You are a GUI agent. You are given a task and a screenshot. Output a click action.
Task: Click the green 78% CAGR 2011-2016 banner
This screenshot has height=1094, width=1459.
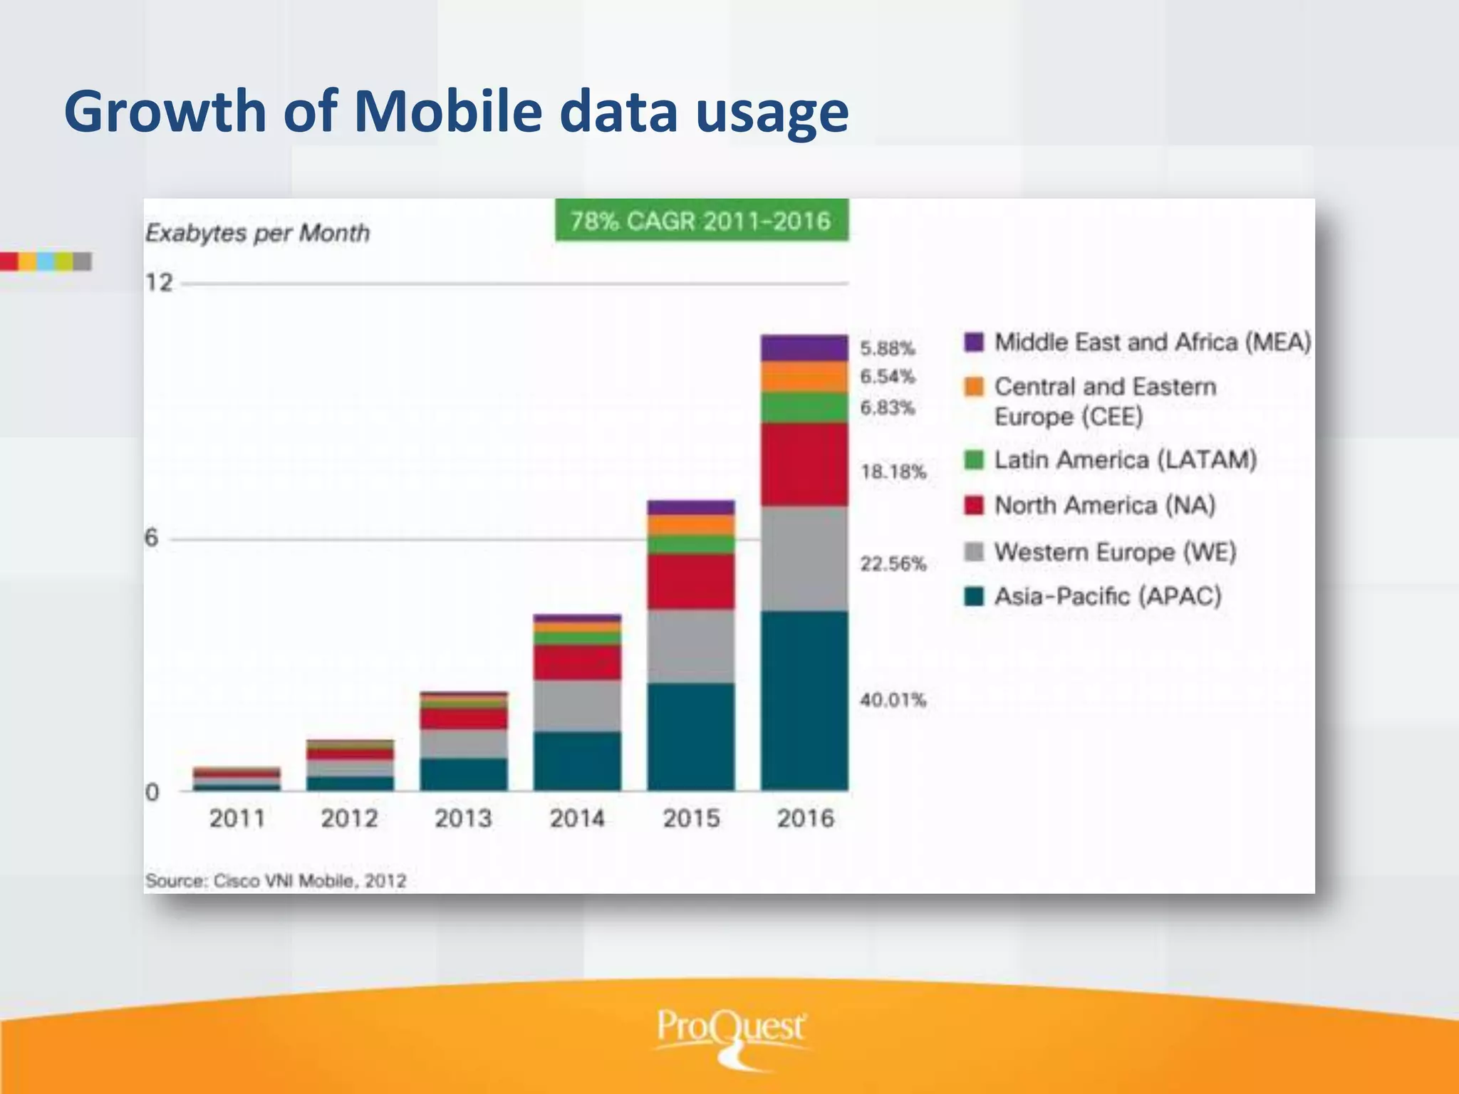pyautogui.click(x=702, y=221)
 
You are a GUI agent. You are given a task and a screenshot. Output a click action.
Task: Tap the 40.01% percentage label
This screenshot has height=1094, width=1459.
pyautogui.click(x=893, y=699)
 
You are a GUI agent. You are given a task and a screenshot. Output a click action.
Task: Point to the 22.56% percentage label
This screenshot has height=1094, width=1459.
pyautogui.click(x=893, y=564)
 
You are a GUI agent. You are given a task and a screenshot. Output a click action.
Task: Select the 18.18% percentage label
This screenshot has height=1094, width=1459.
pyautogui.click(x=893, y=472)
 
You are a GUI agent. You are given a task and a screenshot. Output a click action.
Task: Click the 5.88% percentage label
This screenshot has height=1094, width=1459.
pyautogui.click(x=887, y=348)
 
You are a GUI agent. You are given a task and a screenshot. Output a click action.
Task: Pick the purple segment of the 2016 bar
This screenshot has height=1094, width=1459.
pyautogui.click(x=804, y=348)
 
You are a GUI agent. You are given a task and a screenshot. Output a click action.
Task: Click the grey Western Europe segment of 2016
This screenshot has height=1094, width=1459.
pyautogui.click(x=804, y=558)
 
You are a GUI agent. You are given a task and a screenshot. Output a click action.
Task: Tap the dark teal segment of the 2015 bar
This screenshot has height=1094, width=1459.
pyautogui.click(x=690, y=736)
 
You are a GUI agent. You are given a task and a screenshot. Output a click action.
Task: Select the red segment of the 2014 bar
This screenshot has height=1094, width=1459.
pyautogui.click(x=577, y=662)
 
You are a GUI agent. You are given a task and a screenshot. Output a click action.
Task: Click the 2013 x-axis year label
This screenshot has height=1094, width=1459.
pyautogui.click(x=463, y=818)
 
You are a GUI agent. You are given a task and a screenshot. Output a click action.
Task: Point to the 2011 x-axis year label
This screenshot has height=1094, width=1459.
pyautogui.click(x=237, y=818)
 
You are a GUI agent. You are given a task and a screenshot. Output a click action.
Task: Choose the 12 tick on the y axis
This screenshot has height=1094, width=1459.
pyautogui.click(x=159, y=283)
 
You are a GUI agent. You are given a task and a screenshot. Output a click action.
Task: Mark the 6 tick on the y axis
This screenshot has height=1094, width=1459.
pyautogui.click(x=151, y=538)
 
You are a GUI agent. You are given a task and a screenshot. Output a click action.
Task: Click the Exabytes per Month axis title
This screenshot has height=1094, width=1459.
pyautogui.click(x=257, y=233)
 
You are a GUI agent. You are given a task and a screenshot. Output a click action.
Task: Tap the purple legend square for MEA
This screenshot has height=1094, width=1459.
pyautogui.click(x=974, y=342)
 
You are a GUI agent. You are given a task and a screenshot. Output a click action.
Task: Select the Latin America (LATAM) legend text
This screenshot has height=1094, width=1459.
pyautogui.click(x=1125, y=459)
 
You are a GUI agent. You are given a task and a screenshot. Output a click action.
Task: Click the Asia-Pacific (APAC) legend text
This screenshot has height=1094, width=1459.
pyautogui.click(x=1108, y=595)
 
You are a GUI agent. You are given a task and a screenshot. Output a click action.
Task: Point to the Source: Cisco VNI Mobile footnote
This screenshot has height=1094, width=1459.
pyautogui.click(x=276, y=881)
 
